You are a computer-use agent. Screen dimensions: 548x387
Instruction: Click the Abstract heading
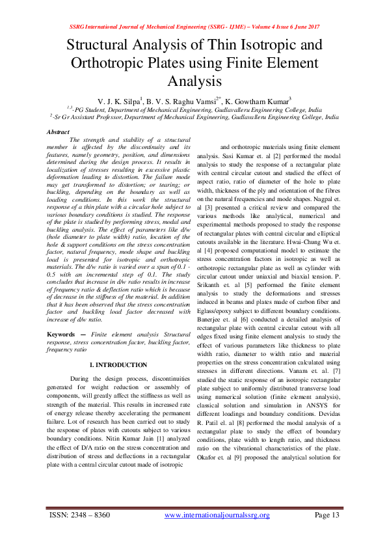coord(59,132)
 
